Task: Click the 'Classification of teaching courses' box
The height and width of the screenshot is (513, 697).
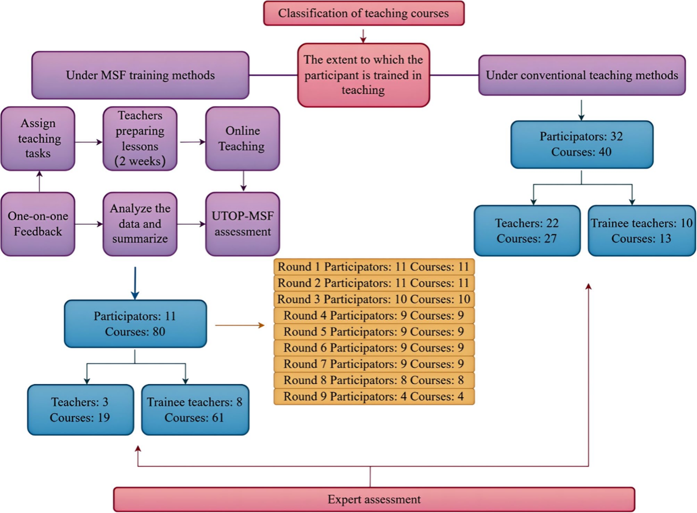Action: (364, 13)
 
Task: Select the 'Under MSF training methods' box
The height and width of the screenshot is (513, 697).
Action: (140, 75)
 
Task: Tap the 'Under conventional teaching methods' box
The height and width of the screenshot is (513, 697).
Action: (582, 75)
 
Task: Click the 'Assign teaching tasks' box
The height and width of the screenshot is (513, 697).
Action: (37, 138)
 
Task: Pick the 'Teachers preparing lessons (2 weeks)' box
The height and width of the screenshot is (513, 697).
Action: (140, 138)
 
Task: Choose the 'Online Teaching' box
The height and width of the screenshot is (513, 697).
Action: (242, 138)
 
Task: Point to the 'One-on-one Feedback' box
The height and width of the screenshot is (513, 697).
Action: (37, 224)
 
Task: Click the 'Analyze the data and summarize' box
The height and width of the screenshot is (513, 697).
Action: (140, 224)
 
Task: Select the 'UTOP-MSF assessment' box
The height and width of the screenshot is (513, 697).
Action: (242, 224)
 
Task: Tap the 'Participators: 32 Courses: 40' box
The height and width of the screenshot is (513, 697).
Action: (582, 144)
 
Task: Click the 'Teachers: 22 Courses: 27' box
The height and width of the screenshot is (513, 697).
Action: (527, 230)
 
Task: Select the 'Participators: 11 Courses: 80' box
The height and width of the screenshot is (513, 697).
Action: (135, 323)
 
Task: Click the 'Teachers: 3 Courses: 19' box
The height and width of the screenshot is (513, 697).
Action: (80, 409)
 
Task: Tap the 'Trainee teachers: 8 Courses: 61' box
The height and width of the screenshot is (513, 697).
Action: (194, 409)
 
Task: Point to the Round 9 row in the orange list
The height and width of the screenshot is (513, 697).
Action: (374, 397)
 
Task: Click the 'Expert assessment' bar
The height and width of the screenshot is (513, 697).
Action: (374, 499)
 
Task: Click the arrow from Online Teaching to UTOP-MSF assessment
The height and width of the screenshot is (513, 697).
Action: (243, 181)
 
